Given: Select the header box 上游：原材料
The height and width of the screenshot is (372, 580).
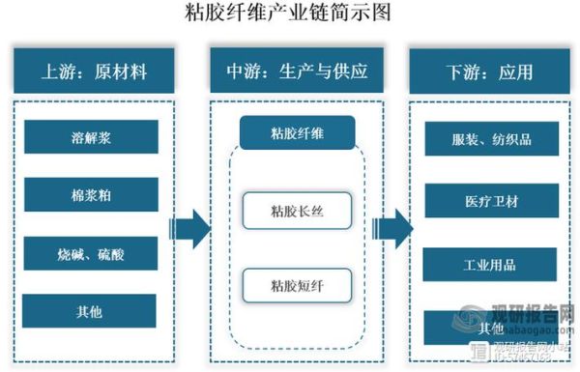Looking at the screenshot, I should tap(94, 71).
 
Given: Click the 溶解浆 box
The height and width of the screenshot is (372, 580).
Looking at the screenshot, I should tap(91, 136).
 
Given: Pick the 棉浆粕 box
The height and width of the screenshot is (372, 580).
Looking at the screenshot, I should tap(91, 194).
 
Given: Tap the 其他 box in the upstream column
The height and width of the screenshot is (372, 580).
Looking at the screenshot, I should tap(91, 310).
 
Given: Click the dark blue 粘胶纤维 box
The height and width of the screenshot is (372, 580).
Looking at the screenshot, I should tap(298, 132).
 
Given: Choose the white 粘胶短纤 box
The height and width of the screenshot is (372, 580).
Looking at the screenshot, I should tap(298, 286).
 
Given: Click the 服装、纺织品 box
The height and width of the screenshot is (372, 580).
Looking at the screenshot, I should tap(490, 139).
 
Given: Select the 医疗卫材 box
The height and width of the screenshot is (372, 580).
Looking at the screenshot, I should tap(490, 202).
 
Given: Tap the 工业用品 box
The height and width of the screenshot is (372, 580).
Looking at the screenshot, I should tap(490, 264).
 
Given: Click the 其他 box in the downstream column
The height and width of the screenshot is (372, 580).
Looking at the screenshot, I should tap(490, 327).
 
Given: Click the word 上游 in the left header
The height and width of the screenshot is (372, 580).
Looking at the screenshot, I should tap(59, 71).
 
